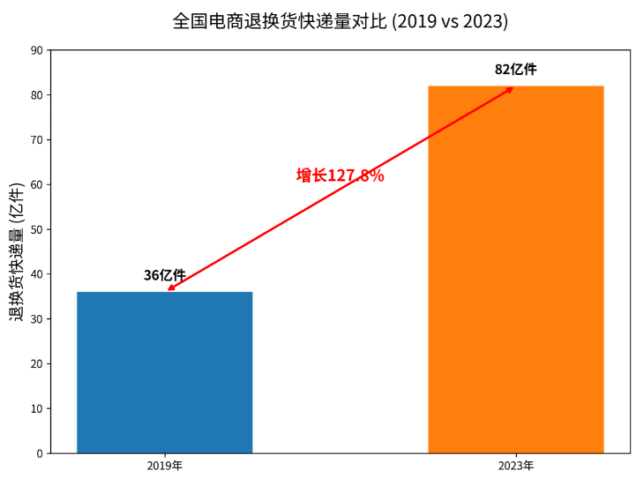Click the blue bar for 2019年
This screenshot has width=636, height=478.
click(165, 372)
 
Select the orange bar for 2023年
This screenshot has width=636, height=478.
click(516, 269)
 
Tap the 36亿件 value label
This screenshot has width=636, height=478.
click(165, 275)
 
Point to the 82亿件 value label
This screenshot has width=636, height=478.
click(516, 70)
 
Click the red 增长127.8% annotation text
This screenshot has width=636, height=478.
click(340, 176)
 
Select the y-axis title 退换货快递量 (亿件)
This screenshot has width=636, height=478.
click(17, 252)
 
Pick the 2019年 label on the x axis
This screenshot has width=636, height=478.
click(165, 466)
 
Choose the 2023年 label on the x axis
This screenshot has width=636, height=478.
click(516, 466)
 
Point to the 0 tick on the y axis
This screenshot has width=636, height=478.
click(40, 453)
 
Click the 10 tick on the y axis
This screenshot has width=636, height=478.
click(37, 408)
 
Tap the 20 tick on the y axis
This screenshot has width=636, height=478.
click(37, 363)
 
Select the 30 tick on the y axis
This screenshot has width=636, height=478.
click(37, 319)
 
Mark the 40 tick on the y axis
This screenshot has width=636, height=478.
click(37, 274)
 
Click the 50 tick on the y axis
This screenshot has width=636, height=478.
click(37, 229)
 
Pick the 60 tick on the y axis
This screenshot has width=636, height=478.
click(37, 184)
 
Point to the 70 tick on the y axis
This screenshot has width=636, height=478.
click(37, 140)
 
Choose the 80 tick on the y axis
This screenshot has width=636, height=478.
click(37, 95)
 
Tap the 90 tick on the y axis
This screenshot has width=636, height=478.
click(37, 50)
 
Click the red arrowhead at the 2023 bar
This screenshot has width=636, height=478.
click(510, 90)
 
